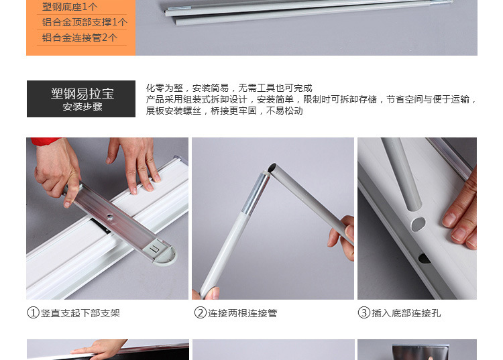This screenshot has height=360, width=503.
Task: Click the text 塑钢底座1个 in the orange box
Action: coord(70,7)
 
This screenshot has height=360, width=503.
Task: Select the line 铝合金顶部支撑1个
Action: coord(85,22)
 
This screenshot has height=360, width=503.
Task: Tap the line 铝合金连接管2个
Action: coord(80,38)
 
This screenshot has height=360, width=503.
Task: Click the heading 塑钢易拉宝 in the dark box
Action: coord(82,94)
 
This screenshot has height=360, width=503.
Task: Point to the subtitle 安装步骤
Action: coord(82,107)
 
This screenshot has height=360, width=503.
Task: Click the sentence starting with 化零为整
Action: coord(229,88)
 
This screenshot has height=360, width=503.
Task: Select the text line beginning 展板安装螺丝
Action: coord(224,111)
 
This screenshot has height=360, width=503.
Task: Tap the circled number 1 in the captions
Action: coord(33,312)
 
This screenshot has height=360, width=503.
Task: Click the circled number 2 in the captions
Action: coord(200,312)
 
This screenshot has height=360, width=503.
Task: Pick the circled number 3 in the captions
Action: coord(364,312)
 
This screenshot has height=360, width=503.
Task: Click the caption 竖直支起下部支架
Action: coord(80,313)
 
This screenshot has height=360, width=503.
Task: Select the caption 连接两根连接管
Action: coord(243,313)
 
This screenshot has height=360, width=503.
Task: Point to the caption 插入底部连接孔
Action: coord(406,313)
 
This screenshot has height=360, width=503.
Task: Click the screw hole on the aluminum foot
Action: coord(109,217)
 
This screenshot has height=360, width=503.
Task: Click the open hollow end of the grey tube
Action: coord(272,168)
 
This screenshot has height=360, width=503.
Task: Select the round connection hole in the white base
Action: coord(418,224)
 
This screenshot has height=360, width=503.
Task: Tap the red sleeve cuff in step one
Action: coord(44,141)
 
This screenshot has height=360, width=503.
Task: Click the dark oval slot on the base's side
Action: coord(424,258)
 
